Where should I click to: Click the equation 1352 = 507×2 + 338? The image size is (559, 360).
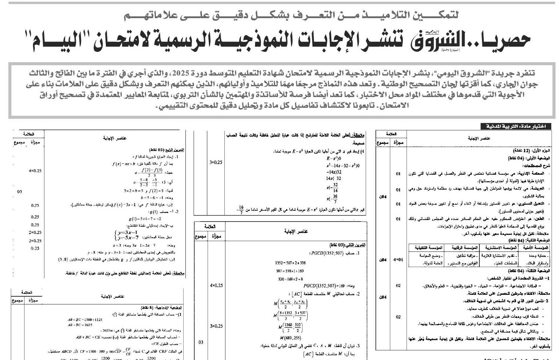pos(290,263)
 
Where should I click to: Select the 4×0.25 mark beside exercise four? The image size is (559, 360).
pos(35,171)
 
